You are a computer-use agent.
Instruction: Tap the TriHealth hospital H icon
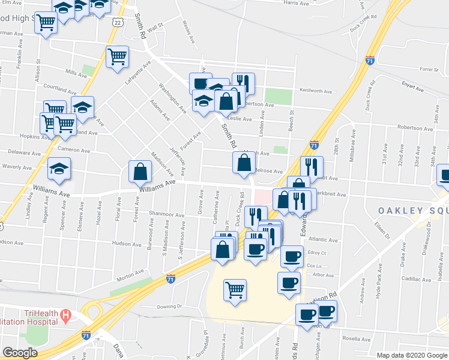coord(66,314)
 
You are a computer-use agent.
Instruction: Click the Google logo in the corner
coord(20,353)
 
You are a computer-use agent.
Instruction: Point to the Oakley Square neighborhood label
coord(413,210)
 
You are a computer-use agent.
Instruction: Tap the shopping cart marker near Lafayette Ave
coord(118,56)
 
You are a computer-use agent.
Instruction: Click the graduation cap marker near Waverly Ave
coord(59,169)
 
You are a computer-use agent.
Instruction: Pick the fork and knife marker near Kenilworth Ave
coord(243,83)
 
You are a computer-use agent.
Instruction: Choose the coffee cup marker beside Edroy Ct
coord(292,257)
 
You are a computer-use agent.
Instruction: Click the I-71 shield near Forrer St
coord(370,61)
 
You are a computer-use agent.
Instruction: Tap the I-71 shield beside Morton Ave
coord(170,278)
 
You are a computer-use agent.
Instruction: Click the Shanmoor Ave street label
coord(167,214)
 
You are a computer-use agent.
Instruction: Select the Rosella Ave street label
coord(354,338)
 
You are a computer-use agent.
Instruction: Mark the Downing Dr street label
coord(169,306)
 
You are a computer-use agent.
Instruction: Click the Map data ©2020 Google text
coord(412,355)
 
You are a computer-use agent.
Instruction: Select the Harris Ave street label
coord(295,3)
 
